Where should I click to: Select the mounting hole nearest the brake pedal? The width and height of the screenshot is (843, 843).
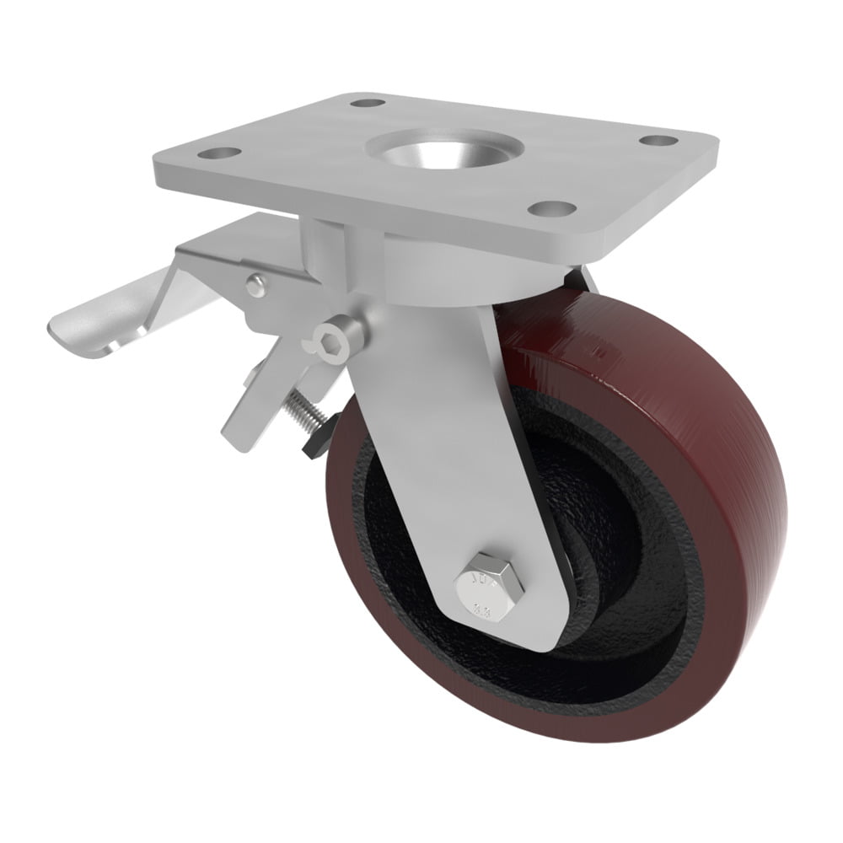click(x=222, y=154)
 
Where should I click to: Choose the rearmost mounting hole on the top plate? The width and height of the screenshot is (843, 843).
click(x=364, y=105)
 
